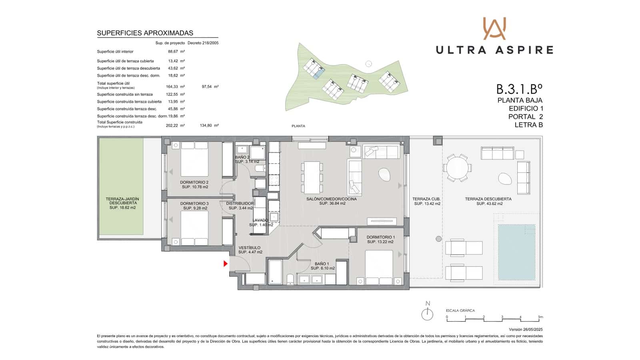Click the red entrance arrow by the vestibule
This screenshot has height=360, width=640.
226,264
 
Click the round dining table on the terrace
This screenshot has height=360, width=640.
457,168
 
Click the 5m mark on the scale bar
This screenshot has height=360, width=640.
540,317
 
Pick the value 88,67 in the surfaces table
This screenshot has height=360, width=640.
173,52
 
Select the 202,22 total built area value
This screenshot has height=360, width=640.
172,125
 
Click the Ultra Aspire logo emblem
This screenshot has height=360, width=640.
494,28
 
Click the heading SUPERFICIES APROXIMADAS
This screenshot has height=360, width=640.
145,33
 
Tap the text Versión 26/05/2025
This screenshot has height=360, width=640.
526,330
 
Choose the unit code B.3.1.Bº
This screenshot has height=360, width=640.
519,88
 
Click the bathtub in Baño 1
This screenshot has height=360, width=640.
275,272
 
